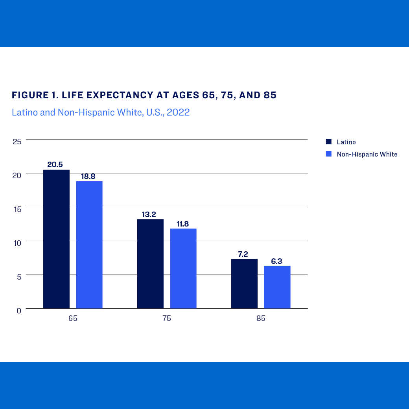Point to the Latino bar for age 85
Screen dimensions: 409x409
coord(244,284)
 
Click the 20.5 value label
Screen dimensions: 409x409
coord(55,164)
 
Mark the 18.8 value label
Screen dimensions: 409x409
coord(88,176)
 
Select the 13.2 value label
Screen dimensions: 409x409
coord(149,214)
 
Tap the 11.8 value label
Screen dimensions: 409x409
coord(182,224)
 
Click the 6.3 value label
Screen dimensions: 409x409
coord(277,261)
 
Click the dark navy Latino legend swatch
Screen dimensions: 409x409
coord(329,142)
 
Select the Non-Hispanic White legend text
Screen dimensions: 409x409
coord(367,154)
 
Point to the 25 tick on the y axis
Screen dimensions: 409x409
coord(17,142)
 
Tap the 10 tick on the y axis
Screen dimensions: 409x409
coord(17,243)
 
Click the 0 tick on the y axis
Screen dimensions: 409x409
coord(19,311)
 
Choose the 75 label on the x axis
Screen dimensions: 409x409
coord(167,319)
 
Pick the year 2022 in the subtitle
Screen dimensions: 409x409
coord(178,112)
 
